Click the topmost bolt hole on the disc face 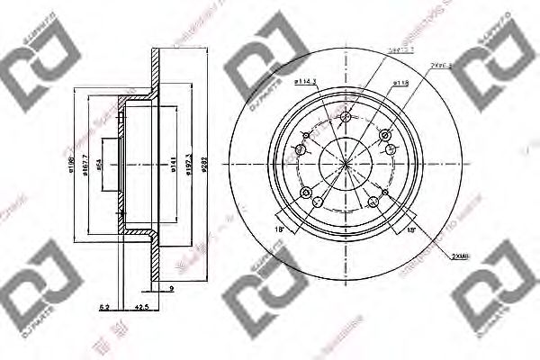click(346, 116)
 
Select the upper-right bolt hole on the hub click(387, 135)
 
